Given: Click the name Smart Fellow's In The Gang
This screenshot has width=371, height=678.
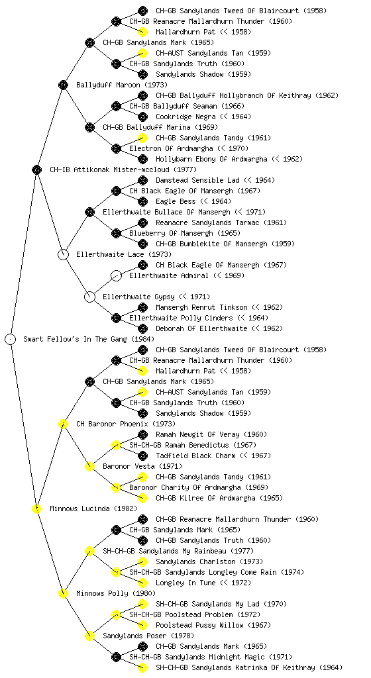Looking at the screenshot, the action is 76,340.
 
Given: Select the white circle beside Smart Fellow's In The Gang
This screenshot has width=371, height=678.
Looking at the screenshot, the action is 11,339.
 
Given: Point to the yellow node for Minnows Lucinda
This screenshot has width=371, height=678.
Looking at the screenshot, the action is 36,508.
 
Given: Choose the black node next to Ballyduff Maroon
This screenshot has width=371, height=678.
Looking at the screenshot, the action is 63,85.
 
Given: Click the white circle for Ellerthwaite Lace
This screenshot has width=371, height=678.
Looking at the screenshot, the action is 63,254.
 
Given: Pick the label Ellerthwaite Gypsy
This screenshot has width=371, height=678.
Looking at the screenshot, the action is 139,297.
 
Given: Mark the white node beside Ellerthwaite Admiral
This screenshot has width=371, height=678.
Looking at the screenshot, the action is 116,275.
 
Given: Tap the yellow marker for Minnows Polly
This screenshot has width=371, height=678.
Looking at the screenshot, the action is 63,593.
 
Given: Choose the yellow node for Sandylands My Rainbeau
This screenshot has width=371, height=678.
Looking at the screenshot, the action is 89,551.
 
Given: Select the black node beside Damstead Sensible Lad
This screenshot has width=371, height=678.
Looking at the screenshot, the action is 142,180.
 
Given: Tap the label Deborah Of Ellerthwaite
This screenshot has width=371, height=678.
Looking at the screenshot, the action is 201,328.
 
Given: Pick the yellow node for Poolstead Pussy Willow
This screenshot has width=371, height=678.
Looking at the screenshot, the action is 142,625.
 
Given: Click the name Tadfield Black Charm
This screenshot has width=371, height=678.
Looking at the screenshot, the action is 195,456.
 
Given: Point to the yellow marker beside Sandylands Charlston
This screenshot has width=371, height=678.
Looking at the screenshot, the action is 142,561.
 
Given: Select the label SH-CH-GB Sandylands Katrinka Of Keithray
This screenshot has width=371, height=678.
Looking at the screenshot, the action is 235,667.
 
